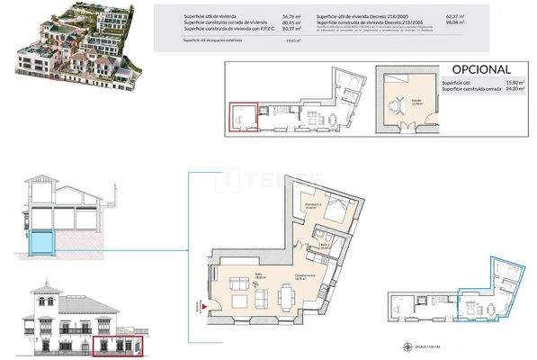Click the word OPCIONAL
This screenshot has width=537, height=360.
(480, 69)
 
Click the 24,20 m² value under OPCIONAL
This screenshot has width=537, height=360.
(513, 89)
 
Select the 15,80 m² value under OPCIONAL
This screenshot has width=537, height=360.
(513, 82)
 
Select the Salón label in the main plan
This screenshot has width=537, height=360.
(235, 276)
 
